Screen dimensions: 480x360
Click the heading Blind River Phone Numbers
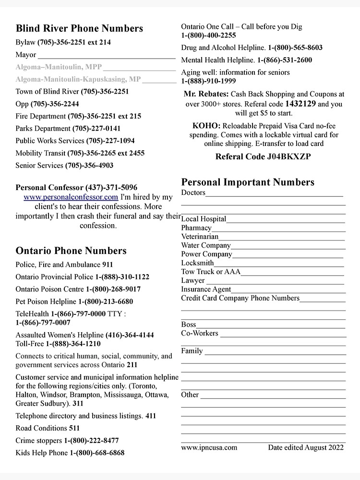pos(79,28)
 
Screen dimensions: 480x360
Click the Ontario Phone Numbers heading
pos(71,251)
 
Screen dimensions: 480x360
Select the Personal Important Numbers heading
pos(248,182)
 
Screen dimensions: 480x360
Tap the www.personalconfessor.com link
pos(71,197)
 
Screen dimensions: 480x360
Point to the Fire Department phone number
pos(104,116)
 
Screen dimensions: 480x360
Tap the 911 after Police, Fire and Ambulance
pos(108,264)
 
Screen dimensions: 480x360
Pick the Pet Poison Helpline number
pos(106,302)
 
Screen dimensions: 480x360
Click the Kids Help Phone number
pos(97,453)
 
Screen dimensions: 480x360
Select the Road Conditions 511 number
pos(74,428)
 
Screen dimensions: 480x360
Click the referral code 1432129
pos(300,104)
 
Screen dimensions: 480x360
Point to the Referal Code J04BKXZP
pos(263,156)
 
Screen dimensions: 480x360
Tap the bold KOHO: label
pos(206,126)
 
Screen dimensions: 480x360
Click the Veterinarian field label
pos(200,237)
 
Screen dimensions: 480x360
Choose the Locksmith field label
pos(197,263)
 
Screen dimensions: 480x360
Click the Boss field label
pos(189,325)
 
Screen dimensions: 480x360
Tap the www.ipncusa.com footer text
pos(209,448)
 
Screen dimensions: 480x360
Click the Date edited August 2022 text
pos(306,448)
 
